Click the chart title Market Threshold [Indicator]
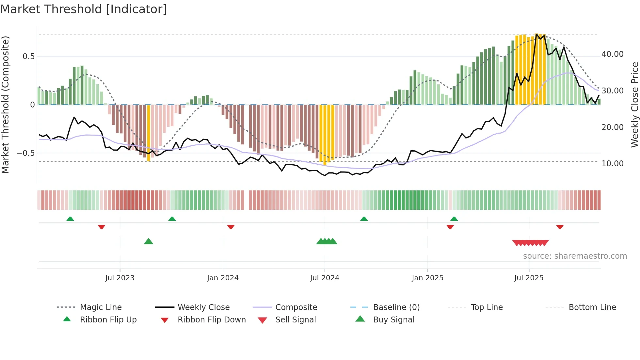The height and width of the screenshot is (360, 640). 84,9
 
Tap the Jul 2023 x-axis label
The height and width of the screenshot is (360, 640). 120,278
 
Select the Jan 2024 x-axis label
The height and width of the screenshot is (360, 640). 223,278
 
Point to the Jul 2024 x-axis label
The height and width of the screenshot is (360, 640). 325,278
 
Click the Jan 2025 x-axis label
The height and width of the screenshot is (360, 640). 427,278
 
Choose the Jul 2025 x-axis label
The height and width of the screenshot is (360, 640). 529,278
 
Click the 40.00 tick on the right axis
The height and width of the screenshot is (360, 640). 612,54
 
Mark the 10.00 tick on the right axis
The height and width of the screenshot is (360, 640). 612,164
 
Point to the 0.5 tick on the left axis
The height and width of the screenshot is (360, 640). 28,57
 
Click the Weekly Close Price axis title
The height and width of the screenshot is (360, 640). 634,105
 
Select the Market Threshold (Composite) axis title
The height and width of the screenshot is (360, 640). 5,105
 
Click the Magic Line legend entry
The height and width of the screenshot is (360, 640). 101,307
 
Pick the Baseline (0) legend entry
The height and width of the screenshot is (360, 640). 396,307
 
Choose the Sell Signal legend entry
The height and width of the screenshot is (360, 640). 296,320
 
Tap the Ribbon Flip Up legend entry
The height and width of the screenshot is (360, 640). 108,320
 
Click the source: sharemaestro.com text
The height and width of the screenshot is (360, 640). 575,256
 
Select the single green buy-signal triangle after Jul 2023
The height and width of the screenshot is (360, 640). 149,241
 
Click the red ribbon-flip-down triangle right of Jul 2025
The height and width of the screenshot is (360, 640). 560,227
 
